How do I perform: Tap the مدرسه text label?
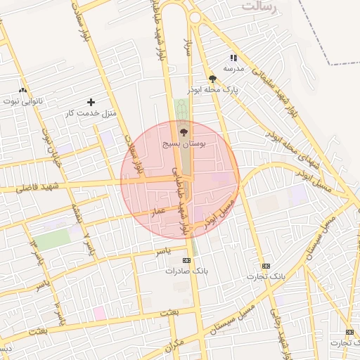(233, 68)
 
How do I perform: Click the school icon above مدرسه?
(233, 58)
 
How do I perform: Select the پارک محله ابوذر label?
(213, 91)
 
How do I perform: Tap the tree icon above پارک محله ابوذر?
(212, 79)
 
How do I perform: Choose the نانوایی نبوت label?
(23, 101)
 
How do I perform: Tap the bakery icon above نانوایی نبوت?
(23, 90)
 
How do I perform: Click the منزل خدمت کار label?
(90, 113)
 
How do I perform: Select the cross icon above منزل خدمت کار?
(91, 102)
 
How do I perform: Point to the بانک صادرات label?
(187, 271)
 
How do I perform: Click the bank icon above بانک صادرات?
(186, 260)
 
